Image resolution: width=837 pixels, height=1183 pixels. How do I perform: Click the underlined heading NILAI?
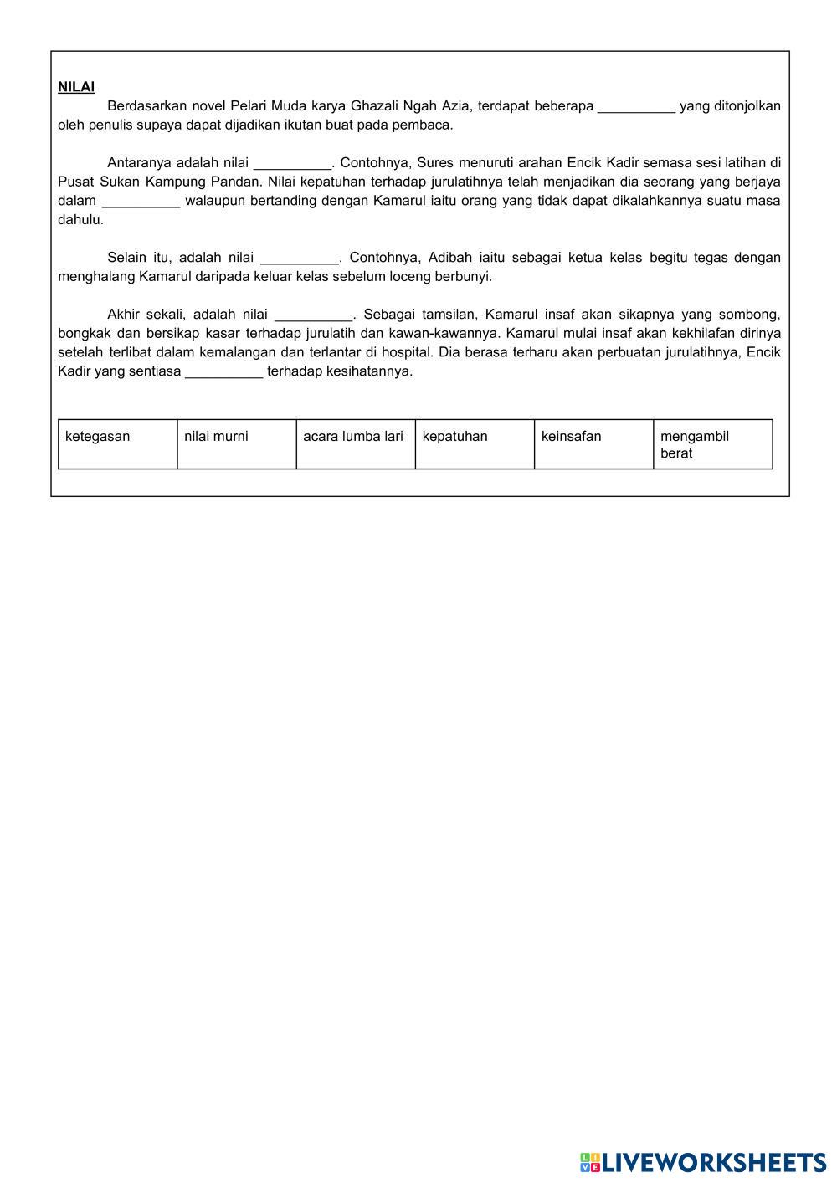tap(76, 87)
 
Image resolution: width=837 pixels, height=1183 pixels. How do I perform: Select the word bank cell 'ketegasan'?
tap(117, 443)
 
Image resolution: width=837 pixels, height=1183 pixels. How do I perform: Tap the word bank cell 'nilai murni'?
tap(236, 443)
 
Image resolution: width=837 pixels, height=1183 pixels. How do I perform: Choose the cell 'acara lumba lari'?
tap(355, 443)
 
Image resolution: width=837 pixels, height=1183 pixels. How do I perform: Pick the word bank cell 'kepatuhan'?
tap(474, 443)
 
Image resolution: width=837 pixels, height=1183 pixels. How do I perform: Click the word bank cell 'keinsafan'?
tap(593, 443)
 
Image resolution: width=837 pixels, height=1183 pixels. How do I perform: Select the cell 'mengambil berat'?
tap(712, 444)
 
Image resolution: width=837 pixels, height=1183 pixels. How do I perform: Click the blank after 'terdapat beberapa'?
tap(636, 106)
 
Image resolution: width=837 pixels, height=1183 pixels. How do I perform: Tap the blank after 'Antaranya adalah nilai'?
tap(292, 163)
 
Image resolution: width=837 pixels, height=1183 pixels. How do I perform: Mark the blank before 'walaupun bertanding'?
tap(141, 201)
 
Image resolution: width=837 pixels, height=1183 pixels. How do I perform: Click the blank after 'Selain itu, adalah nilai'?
tap(300, 258)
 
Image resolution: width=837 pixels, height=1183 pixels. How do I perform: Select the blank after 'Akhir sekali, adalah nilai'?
tap(314, 315)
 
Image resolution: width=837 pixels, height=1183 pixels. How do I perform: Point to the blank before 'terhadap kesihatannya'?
tap(223, 371)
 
